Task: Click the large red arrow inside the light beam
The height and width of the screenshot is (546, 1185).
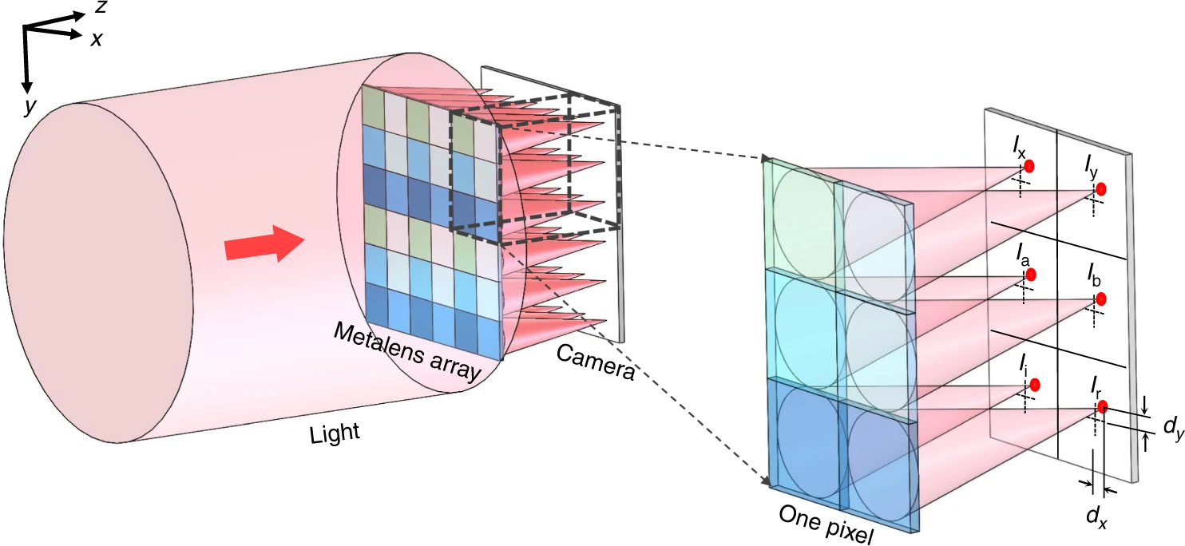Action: [264, 244]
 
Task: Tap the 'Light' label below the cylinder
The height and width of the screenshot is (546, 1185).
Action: [335, 433]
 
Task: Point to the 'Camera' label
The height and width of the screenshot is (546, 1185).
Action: [595, 362]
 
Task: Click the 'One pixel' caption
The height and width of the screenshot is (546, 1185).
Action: [826, 524]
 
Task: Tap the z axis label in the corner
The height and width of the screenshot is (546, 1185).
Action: [101, 7]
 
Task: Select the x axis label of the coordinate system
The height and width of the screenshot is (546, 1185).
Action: [96, 39]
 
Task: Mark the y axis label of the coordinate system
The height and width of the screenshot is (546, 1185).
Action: [30, 106]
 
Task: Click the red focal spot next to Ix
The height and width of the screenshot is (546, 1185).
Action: [1029, 166]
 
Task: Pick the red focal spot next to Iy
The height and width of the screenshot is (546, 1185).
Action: [1101, 189]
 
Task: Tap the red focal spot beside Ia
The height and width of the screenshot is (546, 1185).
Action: [1031, 275]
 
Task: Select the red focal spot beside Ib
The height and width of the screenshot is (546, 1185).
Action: [1101, 299]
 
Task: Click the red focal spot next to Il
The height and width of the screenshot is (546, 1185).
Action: [1035, 386]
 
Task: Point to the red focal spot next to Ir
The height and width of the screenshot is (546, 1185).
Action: [1103, 406]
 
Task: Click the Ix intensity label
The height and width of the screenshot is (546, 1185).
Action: [1019, 147]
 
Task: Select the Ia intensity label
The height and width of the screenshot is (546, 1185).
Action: [1022, 254]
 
